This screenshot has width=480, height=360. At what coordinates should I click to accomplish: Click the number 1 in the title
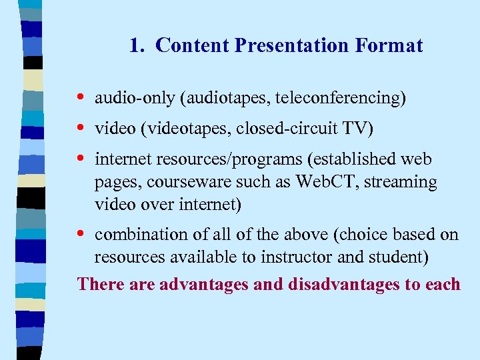(135, 45)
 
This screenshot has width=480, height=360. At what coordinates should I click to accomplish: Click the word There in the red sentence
(97, 284)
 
